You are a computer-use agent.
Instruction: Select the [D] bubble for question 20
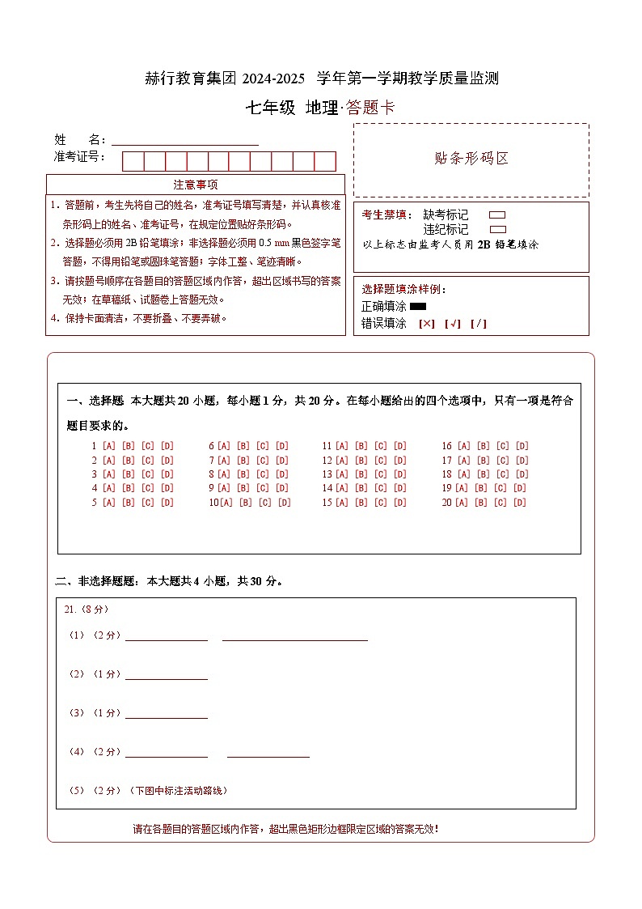(519, 503)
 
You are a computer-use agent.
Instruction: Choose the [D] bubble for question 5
(167, 503)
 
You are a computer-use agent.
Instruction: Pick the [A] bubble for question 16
(464, 446)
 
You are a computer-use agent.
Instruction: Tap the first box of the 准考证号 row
(133, 161)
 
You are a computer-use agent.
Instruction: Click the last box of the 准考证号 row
(325, 161)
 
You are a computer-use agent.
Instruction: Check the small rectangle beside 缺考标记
(497, 215)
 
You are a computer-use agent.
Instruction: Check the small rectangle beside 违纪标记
(497, 230)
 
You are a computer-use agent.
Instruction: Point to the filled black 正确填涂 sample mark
(418, 307)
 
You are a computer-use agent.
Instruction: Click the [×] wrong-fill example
(426, 324)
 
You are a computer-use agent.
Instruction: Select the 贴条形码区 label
(471, 159)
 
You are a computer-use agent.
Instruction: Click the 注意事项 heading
(196, 185)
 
